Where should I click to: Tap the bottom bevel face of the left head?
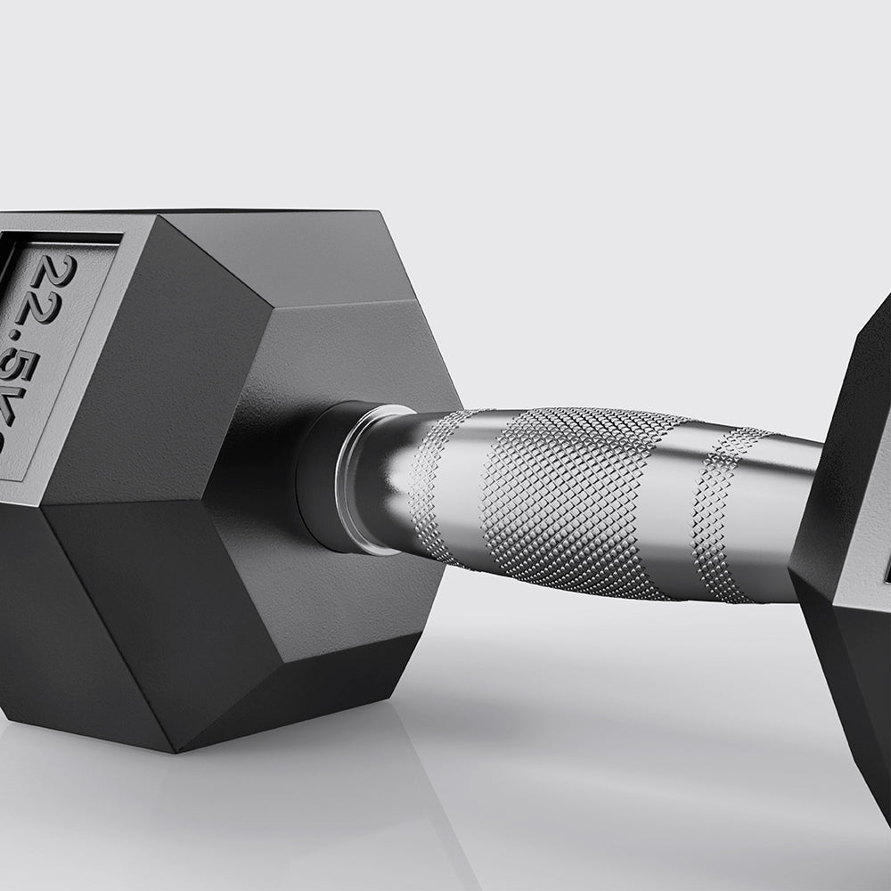[x=294, y=686]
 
